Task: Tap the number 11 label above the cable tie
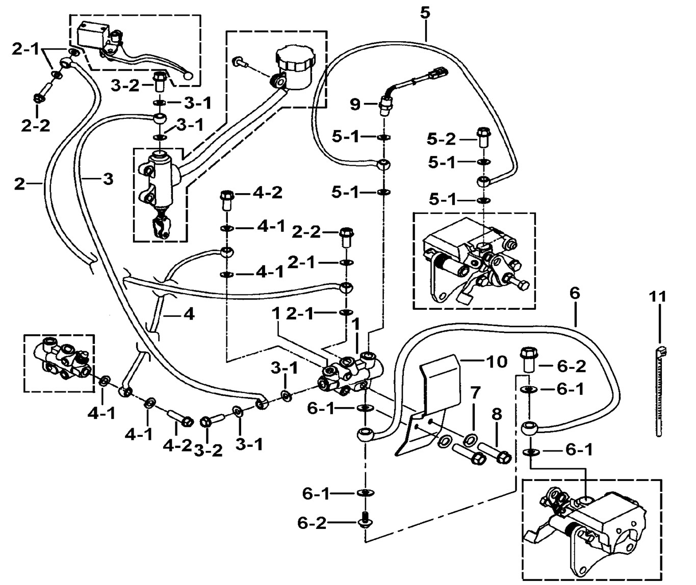point(658,295)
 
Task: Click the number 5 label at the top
point(425,13)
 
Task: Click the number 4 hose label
point(189,314)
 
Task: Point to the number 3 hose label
point(108,179)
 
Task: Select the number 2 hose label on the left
point(19,183)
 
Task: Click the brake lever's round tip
point(189,76)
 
